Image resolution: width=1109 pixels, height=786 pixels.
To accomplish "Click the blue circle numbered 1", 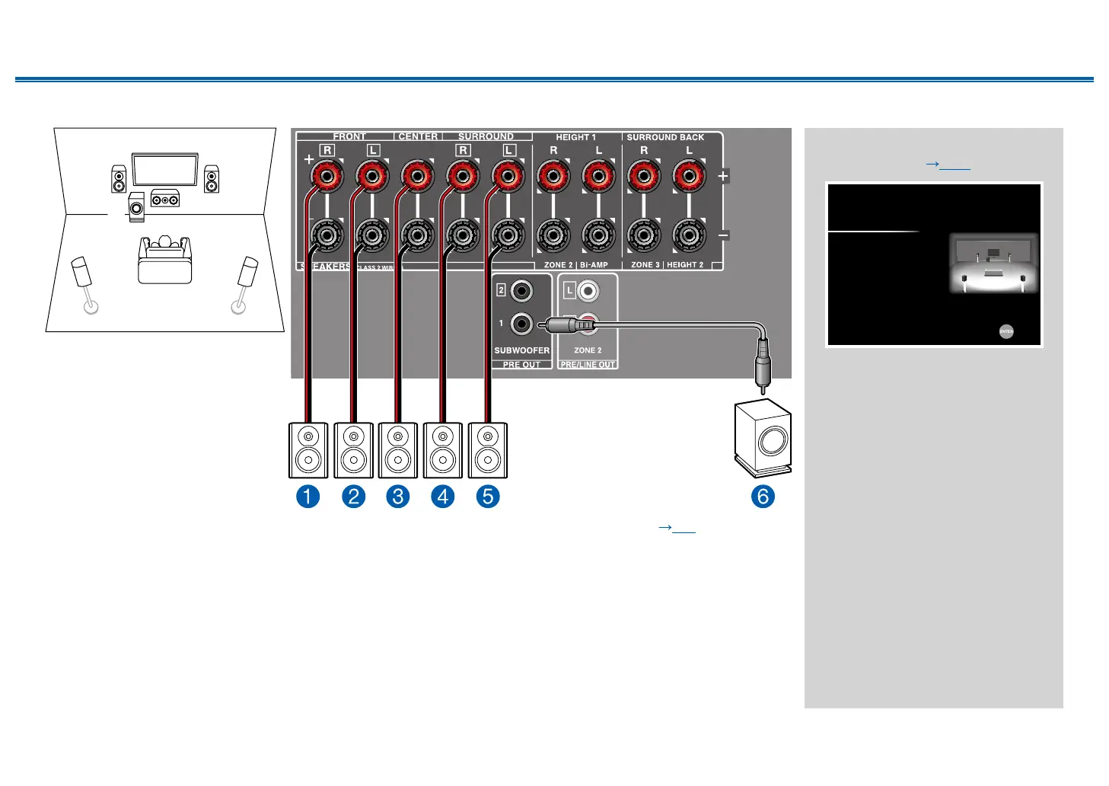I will click(x=308, y=497).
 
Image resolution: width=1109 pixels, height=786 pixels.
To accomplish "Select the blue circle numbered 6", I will click(x=763, y=497).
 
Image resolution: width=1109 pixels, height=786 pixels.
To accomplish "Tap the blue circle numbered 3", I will click(x=398, y=497).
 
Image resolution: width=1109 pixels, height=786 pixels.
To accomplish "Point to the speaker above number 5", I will click(x=488, y=450).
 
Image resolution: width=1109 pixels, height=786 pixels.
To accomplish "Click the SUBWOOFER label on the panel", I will click(x=521, y=350).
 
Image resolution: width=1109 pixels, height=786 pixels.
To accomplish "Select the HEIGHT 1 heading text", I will click(x=575, y=137).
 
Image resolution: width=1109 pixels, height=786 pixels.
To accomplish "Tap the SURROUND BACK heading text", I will click(x=665, y=137).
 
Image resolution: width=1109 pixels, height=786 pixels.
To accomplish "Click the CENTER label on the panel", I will click(x=418, y=136).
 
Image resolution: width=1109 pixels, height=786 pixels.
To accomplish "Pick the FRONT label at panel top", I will click(x=349, y=136).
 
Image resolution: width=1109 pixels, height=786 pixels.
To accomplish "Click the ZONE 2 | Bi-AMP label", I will click(x=576, y=265).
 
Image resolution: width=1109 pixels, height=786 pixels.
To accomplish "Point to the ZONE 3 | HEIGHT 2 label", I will click(x=667, y=265).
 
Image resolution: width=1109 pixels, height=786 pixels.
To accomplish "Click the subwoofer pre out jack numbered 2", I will click(x=521, y=290).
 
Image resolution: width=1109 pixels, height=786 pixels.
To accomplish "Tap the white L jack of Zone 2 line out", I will click(x=588, y=291).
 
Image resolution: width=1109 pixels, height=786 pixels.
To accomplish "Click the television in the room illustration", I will click(x=165, y=170).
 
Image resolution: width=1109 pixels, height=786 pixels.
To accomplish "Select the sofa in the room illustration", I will click(x=164, y=260).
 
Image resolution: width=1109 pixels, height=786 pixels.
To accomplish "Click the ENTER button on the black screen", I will click(x=1006, y=331).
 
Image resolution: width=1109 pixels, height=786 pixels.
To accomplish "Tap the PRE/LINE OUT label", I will click(x=588, y=365).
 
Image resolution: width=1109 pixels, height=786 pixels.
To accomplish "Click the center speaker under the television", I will click(x=165, y=199).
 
